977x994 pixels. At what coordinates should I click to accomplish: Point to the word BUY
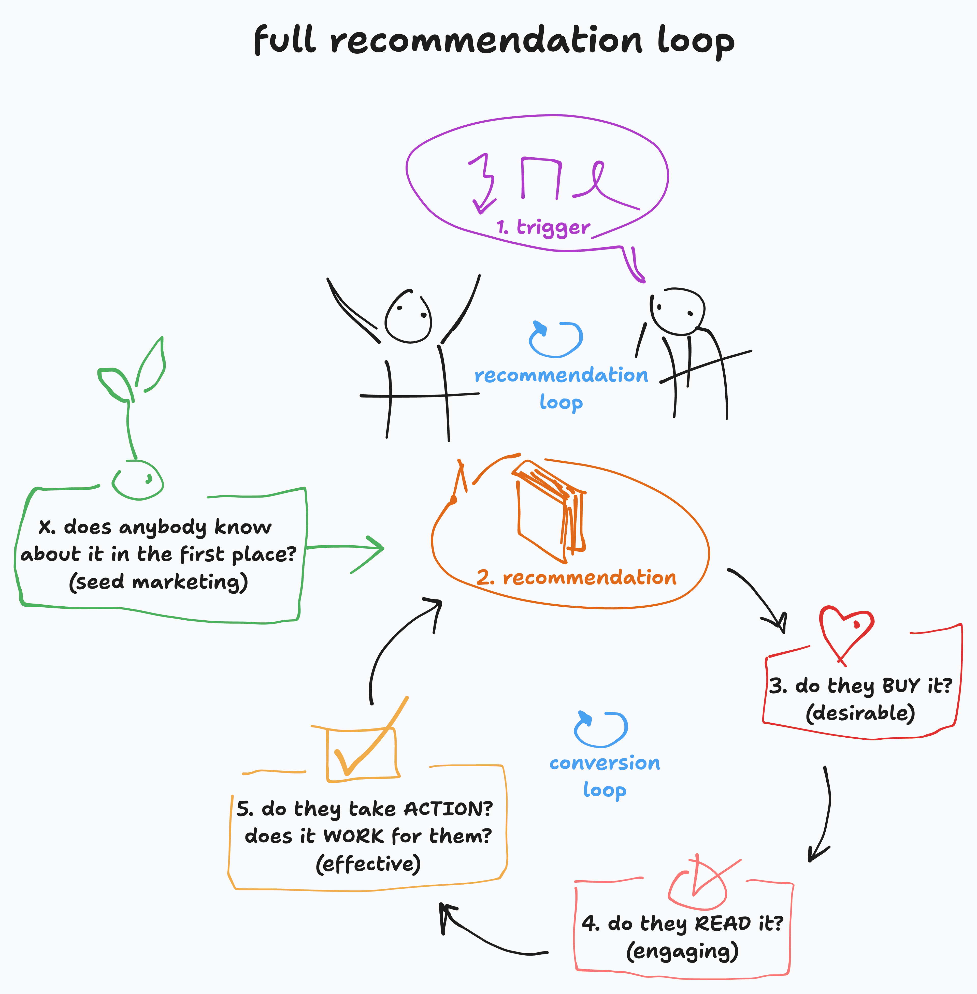click(x=901, y=686)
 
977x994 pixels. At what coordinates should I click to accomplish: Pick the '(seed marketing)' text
click(x=159, y=582)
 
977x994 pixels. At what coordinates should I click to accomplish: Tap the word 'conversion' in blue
click(x=605, y=763)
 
